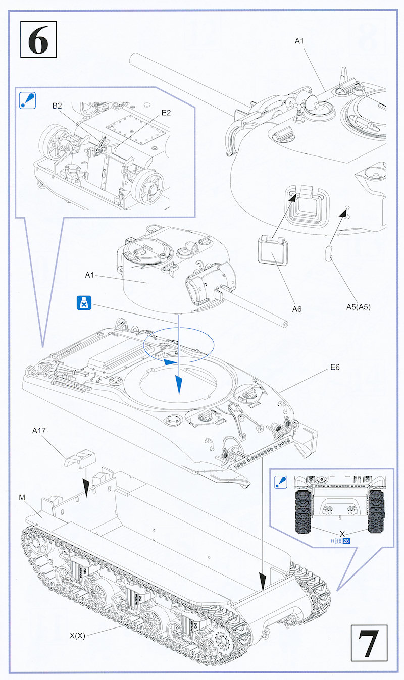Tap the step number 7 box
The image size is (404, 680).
coord(368,642)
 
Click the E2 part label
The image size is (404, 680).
coord(166,113)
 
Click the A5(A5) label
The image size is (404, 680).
coord(358,306)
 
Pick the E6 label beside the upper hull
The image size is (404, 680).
coord(334,367)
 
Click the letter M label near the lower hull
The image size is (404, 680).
coord(22,498)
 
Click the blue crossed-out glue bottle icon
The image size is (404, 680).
coord(82,303)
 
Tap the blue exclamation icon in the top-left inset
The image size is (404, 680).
coord(25,100)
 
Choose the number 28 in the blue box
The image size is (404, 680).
coord(346,541)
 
